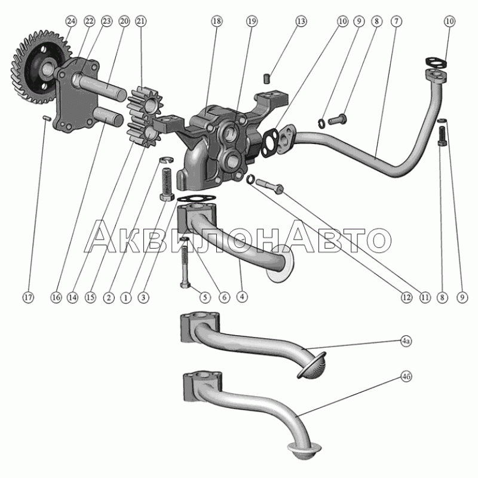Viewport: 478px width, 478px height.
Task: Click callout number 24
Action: pyautogui.click(x=71, y=21)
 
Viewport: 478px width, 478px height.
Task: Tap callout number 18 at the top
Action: pyautogui.click(x=216, y=21)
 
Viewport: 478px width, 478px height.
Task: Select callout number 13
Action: pyautogui.click(x=301, y=21)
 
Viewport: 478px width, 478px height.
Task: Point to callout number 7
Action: pyautogui.click(x=396, y=21)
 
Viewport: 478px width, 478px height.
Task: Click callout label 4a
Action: pyautogui.click(x=406, y=341)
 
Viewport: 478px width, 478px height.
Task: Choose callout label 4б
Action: pyautogui.click(x=406, y=377)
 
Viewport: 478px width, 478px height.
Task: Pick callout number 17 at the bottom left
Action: pyautogui.click(x=28, y=298)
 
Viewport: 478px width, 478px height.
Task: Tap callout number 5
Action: pyautogui.click(x=204, y=297)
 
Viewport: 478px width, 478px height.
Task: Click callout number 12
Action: pyautogui.click(x=406, y=298)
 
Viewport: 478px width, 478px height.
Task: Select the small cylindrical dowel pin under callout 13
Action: pyautogui.click(x=267, y=78)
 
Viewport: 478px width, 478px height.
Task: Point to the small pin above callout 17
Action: pyautogui.click(x=46, y=118)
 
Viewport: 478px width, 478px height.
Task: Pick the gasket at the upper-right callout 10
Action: pyautogui.click(x=436, y=62)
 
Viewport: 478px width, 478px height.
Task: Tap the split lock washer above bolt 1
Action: pyautogui.click(x=167, y=160)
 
